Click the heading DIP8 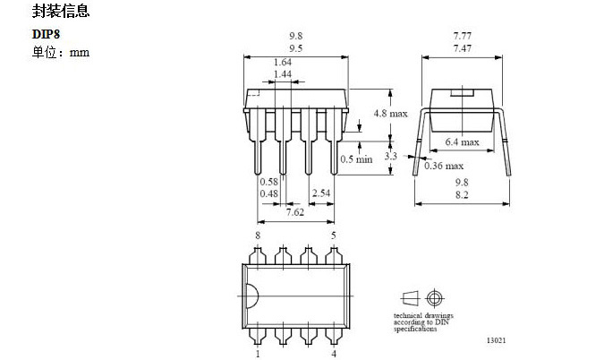click(46, 34)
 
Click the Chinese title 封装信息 click(61, 11)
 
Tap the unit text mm click(80, 52)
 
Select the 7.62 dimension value click(295, 212)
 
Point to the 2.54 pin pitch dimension click(321, 193)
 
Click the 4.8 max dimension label click(391, 114)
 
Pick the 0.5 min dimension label click(356, 159)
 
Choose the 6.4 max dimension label click(463, 141)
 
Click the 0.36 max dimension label click(444, 166)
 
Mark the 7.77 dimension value click(463, 36)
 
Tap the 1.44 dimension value click(283, 74)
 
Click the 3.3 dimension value click(391, 156)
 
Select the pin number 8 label click(258, 236)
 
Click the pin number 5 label click(334, 236)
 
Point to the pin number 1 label click(258, 354)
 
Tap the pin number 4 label click(334, 354)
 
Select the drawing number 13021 click(496, 340)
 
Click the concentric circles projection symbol click(435, 298)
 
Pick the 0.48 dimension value click(268, 193)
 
